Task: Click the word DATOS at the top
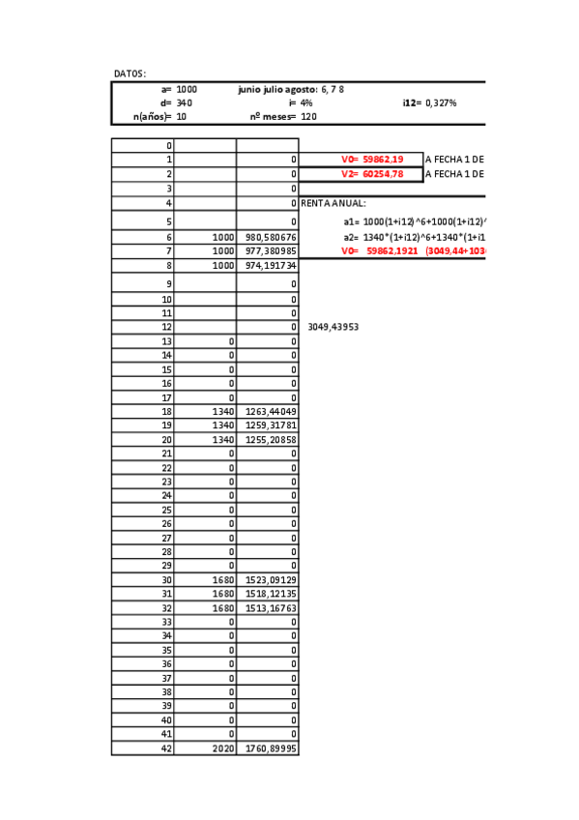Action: click(x=130, y=73)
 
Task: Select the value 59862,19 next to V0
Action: click(x=383, y=160)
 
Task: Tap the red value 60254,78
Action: click(x=383, y=174)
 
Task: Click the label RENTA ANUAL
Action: click(x=333, y=204)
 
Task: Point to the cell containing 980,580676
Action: click(x=270, y=237)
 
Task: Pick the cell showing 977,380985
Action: click(x=270, y=251)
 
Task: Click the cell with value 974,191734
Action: click(x=270, y=266)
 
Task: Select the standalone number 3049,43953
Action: click(x=333, y=327)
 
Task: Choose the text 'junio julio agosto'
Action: click(x=277, y=89)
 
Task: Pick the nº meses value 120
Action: click(x=308, y=117)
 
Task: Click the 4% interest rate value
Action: click(x=306, y=102)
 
